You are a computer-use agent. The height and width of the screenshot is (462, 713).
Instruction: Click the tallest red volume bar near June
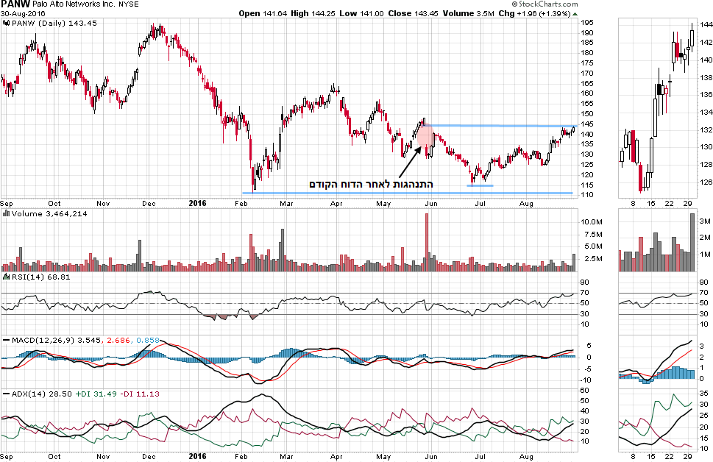coord(426,243)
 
